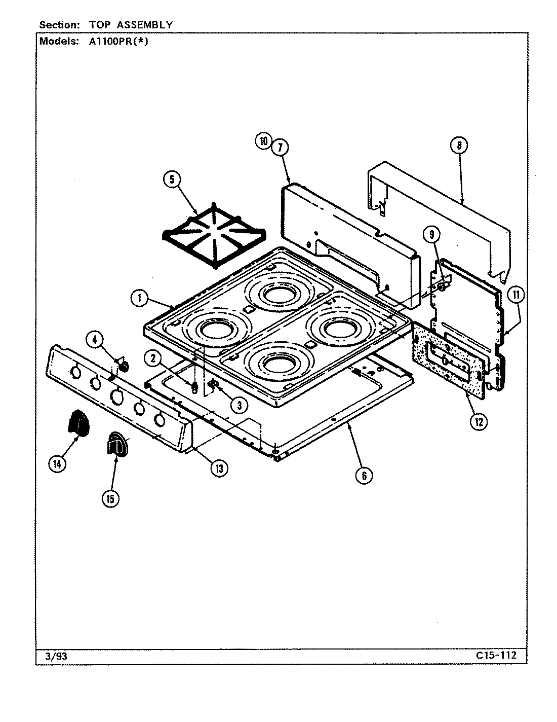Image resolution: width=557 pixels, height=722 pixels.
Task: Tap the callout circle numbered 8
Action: [x=459, y=146]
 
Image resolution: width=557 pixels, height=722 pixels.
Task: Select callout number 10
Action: [x=264, y=141]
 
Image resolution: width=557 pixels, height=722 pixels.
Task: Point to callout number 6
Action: [x=364, y=475]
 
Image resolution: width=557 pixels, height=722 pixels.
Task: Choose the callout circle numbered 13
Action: [x=219, y=468]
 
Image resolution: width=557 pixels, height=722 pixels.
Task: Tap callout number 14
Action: [x=58, y=464]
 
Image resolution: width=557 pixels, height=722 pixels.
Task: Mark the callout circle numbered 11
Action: [x=516, y=295]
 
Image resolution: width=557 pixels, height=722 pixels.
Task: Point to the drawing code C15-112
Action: [x=496, y=656]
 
